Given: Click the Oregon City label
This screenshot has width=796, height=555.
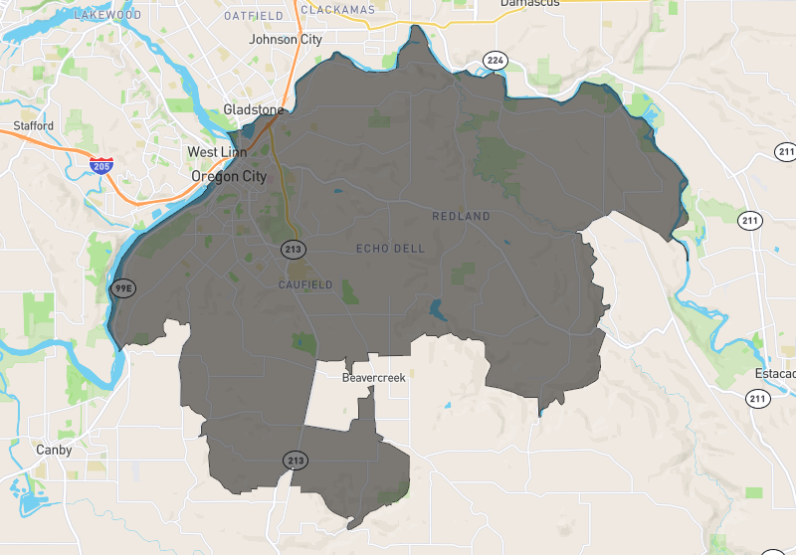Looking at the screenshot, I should (x=229, y=176).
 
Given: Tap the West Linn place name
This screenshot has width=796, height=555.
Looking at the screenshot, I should (x=216, y=152).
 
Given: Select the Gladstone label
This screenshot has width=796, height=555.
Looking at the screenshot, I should (x=253, y=108).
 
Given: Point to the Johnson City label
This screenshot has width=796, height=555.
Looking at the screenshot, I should (x=286, y=40).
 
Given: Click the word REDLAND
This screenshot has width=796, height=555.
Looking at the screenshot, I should (x=461, y=216).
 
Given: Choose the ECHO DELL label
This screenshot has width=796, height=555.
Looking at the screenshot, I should (x=390, y=248).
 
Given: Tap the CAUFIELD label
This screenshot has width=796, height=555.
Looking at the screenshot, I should (x=305, y=284).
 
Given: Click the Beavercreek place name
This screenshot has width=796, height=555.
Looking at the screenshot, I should (x=374, y=378).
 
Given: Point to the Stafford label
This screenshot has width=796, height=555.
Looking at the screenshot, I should (x=35, y=126).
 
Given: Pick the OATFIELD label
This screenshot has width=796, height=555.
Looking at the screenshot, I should (x=255, y=17).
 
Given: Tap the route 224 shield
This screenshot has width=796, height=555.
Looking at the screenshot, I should (x=495, y=62).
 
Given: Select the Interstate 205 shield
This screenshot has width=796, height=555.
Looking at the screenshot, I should (x=100, y=165).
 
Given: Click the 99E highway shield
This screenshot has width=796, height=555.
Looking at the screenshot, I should (x=120, y=288).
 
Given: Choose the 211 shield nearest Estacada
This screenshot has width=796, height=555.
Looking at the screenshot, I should (x=758, y=399).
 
